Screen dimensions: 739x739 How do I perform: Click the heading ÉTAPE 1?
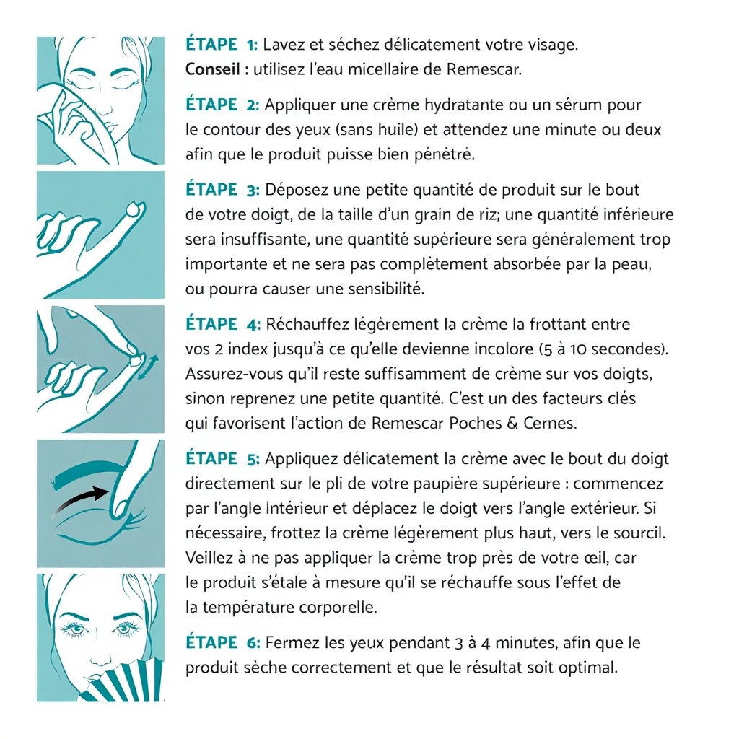pyautogui.click(x=222, y=44)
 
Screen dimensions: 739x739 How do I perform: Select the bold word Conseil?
pyautogui.click(x=213, y=69)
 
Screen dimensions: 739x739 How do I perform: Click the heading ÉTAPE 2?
pyautogui.click(x=222, y=104)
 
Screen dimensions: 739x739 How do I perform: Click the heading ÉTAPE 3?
pyautogui.click(x=222, y=190)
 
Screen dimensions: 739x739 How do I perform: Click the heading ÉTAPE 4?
pyautogui.click(x=223, y=324)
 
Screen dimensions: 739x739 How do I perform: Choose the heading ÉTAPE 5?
pyautogui.click(x=222, y=458)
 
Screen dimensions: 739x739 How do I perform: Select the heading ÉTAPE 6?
pyautogui.click(x=223, y=642)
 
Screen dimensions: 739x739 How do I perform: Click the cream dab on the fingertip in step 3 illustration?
pyautogui.click(x=136, y=208)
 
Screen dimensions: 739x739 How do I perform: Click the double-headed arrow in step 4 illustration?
pyautogui.click(x=148, y=367)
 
